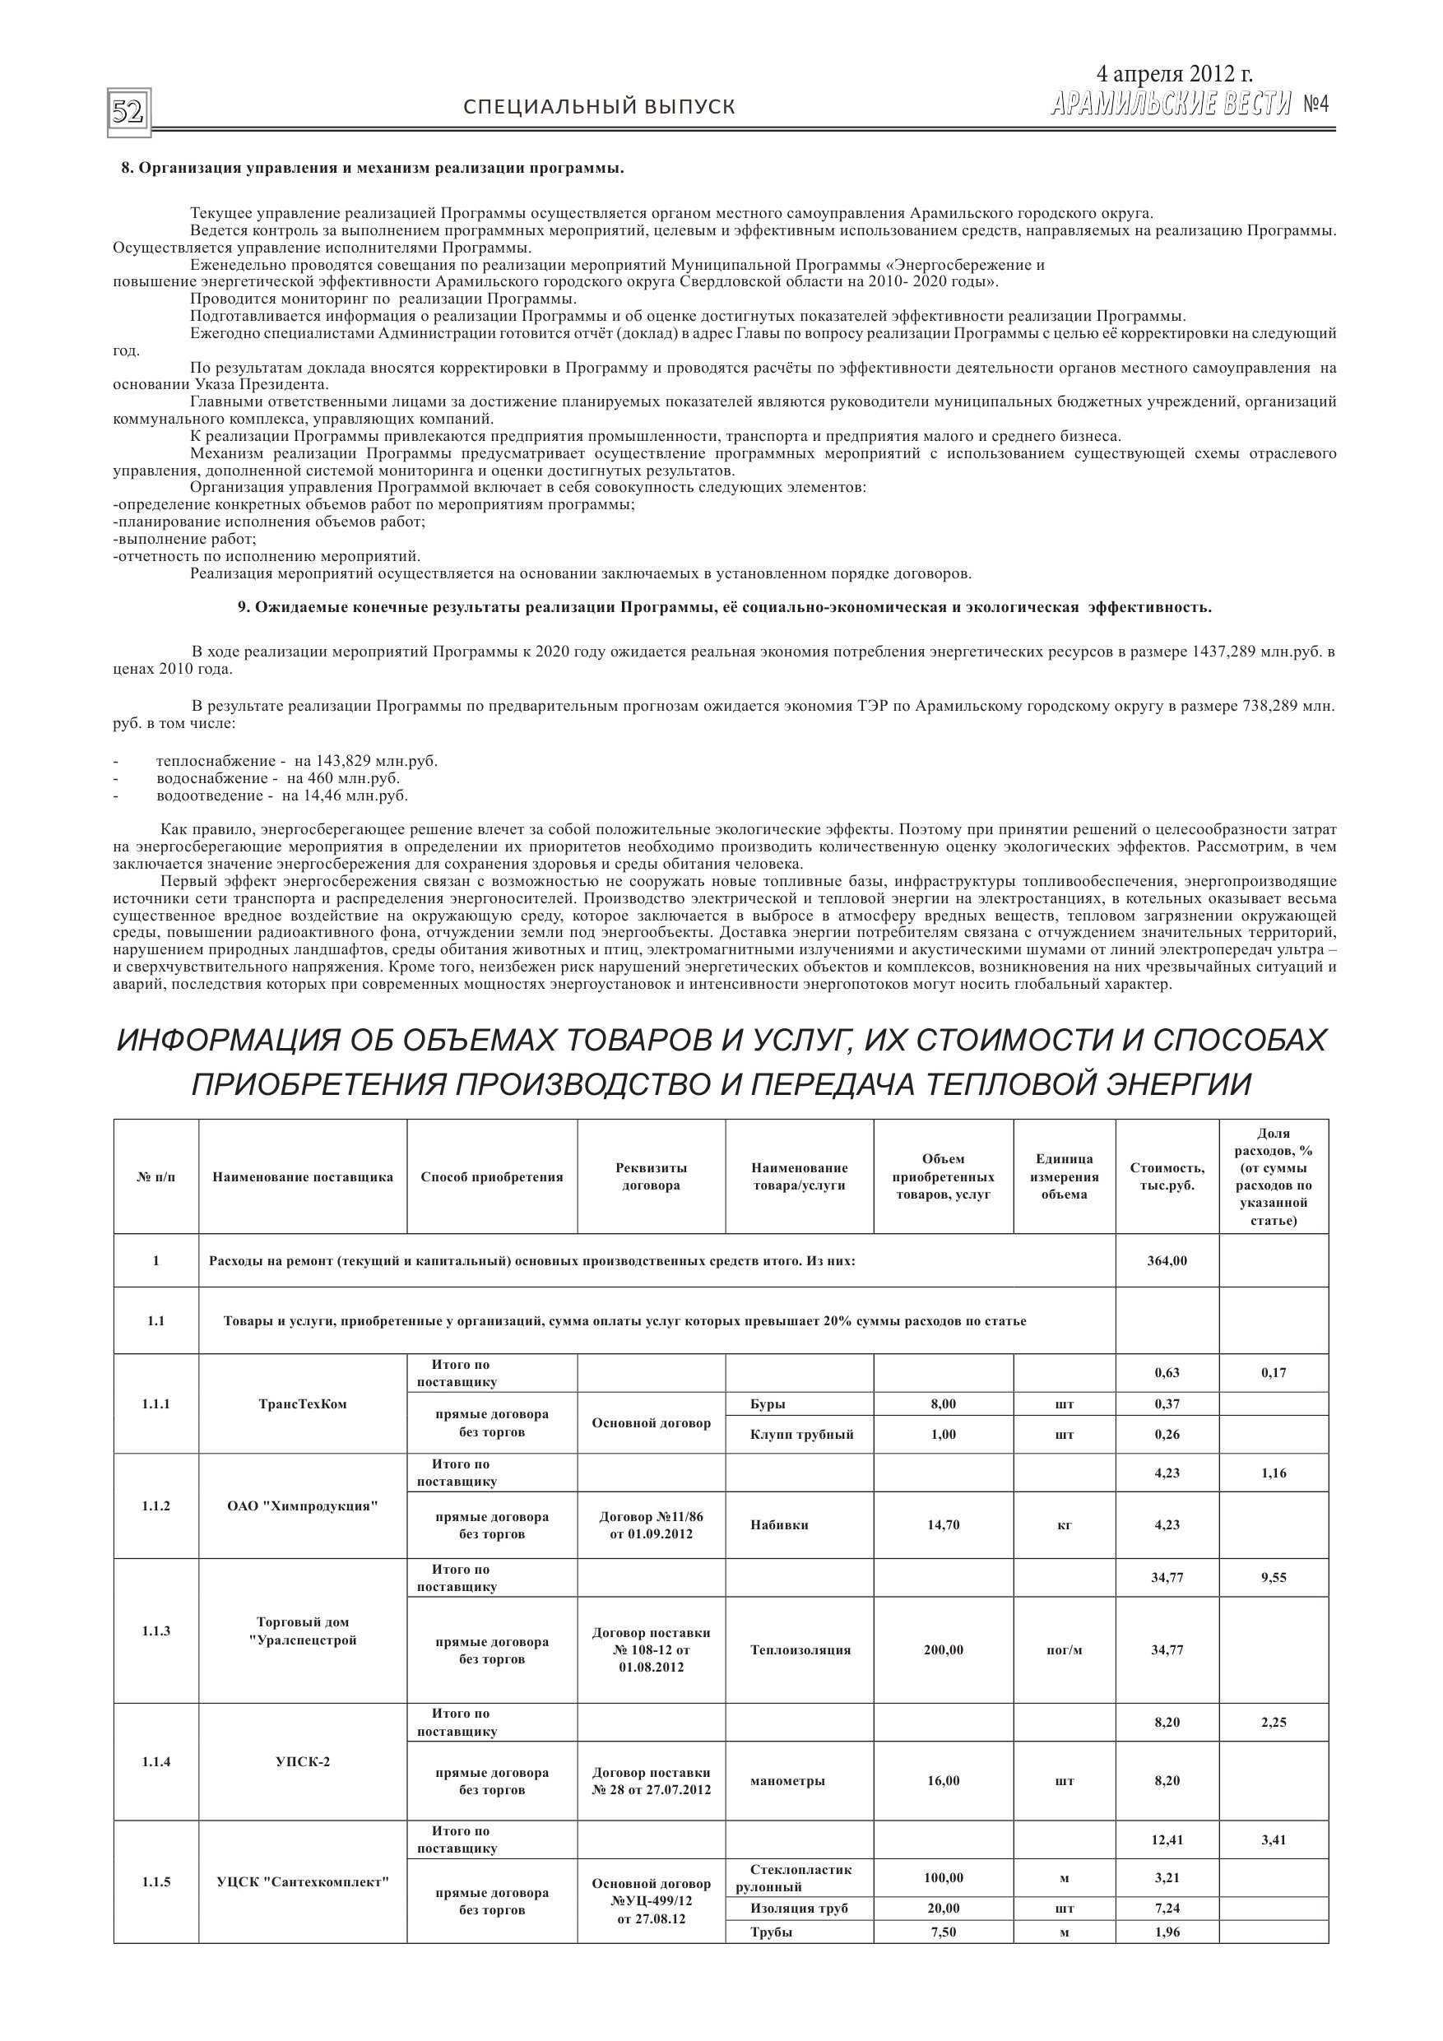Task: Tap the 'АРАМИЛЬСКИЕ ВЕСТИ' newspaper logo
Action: pyautogui.click(x=1170, y=106)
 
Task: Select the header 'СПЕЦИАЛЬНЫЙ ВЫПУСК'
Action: pyautogui.click(x=599, y=108)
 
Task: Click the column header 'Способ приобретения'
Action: pyautogui.click(x=492, y=1177)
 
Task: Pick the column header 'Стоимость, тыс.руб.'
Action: pyautogui.click(x=1167, y=1177)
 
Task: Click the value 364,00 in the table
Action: pyautogui.click(x=1167, y=1260)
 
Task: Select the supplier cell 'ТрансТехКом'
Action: pyautogui.click(x=302, y=1404)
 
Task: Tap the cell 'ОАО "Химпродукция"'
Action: pyautogui.click(x=302, y=1505)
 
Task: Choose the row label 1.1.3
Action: pyautogui.click(x=155, y=1631)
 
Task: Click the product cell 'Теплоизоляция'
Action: pyautogui.click(x=800, y=1650)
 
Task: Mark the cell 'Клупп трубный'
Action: pyautogui.click(x=801, y=1435)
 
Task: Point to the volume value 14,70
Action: pyautogui.click(x=943, y=1524)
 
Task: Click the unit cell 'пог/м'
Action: pyautogui.click(x=1065, y=1650)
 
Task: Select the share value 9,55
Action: pyautogui.click(x=1274, y=1578)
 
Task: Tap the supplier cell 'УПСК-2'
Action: pyautogui.click(x=302, y=1762)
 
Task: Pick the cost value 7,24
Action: pyautogui.click(x=1167, y=1909)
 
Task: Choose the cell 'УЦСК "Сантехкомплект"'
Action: pyautogui.click(x=302, y=1882)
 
